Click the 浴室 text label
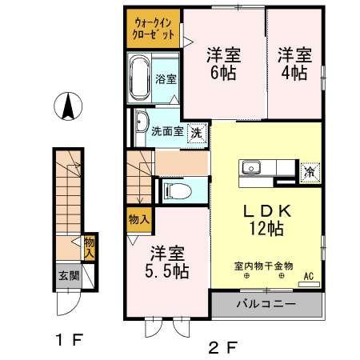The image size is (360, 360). click(x=166, y=79)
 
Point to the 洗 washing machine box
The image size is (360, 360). click(x=195, y=132)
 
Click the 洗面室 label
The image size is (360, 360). click(x=167, y=132)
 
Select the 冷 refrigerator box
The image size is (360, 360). click(x=309, y=170)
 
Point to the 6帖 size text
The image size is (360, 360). click(x=224, y=73)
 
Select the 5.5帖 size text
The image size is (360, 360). click(x=167, y=272)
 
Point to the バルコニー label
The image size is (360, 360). click(x=266, y=305)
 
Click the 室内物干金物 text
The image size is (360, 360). click(x=264, y=265)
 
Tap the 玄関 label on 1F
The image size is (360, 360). click(x=67, y=276)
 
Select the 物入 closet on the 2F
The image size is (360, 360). click(x=138, y=218)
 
